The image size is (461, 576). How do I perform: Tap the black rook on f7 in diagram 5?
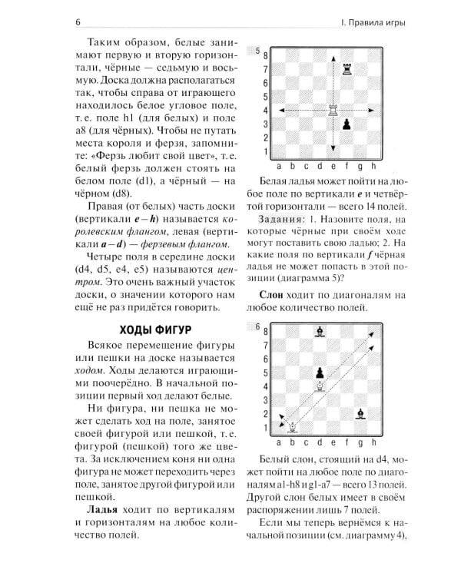(347, 69)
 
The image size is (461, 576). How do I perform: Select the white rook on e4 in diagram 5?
(333, 110)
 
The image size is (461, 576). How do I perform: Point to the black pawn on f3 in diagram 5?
(347, 124)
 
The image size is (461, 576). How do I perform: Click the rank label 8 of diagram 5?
(266, 55)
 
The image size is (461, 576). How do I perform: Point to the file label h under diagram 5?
(374, 165)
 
